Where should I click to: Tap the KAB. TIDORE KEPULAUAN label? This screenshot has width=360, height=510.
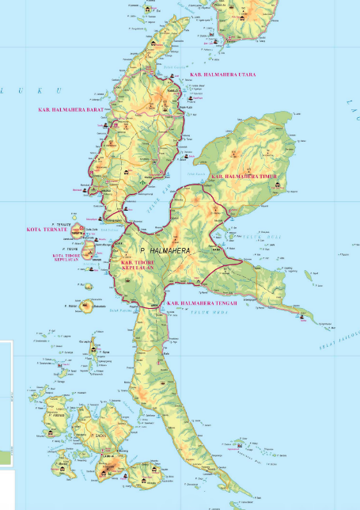(x=141, y=264)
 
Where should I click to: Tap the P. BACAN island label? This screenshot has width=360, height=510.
(x=100, y=436)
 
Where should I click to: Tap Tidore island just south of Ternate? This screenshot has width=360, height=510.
(x=89, y=251)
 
